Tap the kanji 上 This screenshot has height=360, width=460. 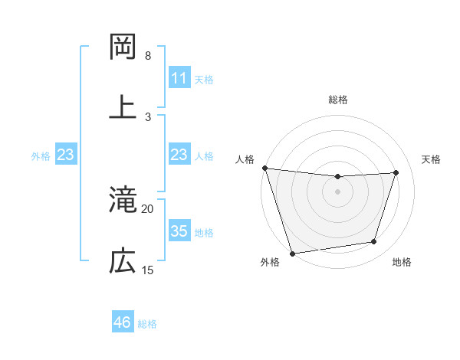coord(123,106)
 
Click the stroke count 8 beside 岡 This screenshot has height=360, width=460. coord(148,56)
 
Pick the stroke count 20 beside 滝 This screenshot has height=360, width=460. coord(148,208)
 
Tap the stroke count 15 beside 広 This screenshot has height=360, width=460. coord(148,270)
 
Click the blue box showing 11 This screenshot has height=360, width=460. coord(179,78)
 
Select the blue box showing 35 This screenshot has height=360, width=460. coord(179,231)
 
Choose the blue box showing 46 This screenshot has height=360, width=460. coord(122,322)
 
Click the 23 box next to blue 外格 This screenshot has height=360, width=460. coord(65,155)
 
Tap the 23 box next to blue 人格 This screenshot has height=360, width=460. coord(179,155)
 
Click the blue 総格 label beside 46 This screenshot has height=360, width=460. coord(147,324)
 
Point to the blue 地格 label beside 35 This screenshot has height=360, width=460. coord(204,232)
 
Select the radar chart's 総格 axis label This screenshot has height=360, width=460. coord(338,100)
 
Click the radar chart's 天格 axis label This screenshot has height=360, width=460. coord(432,159)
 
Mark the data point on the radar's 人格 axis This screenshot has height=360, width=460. coord(264,168)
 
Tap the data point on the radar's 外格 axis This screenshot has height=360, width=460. coord(292,253)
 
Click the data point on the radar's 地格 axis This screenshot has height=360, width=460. coord(374,242)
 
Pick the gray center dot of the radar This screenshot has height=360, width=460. coord(338,191)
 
